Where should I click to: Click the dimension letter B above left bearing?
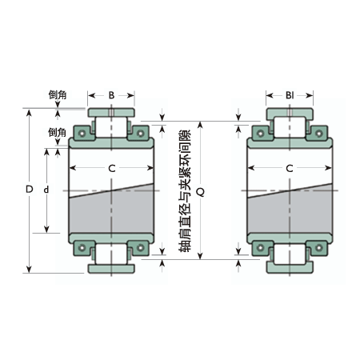pyautogui.click(x=111, y=95)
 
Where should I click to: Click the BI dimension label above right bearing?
pyautogui.click(x=290, y=95)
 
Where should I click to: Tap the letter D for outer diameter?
pyautogui.click(x=30, y=189)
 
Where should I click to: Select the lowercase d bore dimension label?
pyautogui.click(x=46, y=190)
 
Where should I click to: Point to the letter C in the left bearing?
pyautogui.click(x=112, y=169)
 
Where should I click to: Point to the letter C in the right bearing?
pyautogui.click(x=290, y=169)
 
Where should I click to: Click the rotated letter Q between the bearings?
pyautogui.click(x=201, y=191)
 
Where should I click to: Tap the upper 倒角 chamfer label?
pyautogui.click(x=58, y=94)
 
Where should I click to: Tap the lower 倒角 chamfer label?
pyautogui.click(x=57, y=132)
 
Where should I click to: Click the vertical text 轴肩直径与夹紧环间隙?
pyautogui.click(x=185, y=190)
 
